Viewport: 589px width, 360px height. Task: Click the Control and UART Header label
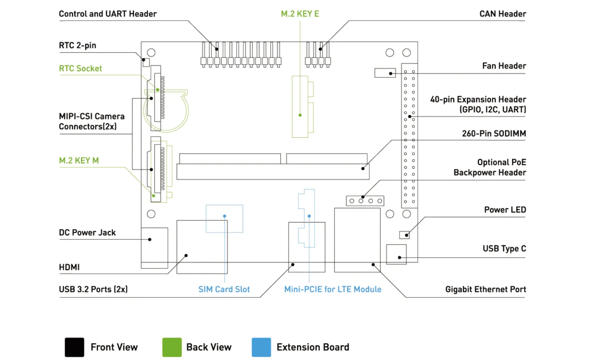pos(108,14)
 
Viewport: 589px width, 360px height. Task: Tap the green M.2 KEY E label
pos(300,14)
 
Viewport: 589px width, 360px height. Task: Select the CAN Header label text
pos(502,14)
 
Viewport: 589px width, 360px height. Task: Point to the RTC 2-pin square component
pos(146,63)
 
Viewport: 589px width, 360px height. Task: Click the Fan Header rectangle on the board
pos(385,73)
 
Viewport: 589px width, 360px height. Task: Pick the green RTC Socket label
pos(80,68)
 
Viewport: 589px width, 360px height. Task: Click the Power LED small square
pos(404,235)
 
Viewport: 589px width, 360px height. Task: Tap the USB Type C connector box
pos(396,254)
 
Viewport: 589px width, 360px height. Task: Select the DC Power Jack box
pos(154,248)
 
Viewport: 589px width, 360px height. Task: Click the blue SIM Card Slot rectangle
pos(224,219)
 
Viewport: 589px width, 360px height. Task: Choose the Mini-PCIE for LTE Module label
pos(333,289)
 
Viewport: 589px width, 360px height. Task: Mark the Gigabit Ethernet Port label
pos(485,289)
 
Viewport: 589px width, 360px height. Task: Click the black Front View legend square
pos(75,347)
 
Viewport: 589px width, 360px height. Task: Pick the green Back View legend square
pos(172,347)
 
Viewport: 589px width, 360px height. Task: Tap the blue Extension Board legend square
pos(261,347)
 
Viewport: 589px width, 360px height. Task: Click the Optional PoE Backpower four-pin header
pos(365,201)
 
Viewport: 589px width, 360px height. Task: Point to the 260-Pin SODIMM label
pos(494,133)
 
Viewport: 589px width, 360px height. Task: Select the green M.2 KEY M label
pos(79,160)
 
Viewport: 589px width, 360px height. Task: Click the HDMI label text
pos(69,267)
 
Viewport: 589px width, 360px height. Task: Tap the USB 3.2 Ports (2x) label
pos(93,289)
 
